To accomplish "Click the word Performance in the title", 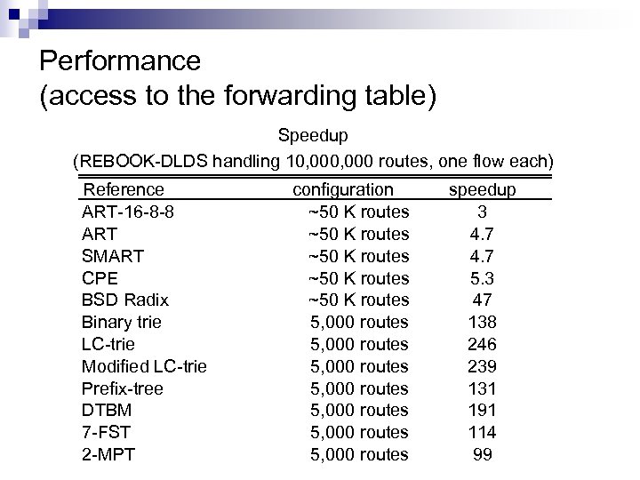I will click(x=120, y=62).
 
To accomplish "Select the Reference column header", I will click(x=123, y=189).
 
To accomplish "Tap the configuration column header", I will click(x=343, y=189).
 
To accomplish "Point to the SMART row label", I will click(x=113, y=256).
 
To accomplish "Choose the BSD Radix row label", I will click(x=124, y=300).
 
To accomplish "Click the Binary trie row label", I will click(x=121, y=322).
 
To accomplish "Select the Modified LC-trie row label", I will click(x=144, y=366).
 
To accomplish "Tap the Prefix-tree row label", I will click(x=122, y=388).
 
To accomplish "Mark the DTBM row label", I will click(x=107, y=410).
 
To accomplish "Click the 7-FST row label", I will click(x=106, y=432).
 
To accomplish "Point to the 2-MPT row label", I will click(x=108, y=454).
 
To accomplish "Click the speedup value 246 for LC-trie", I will click(x=483, y=344).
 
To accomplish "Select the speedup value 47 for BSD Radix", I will click(x=483, y=300).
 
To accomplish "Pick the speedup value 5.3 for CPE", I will click(x=483, y=278).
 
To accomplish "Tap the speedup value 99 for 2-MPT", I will click(x=483, y=454).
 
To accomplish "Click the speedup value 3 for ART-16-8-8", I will click(x=482, y=212).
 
